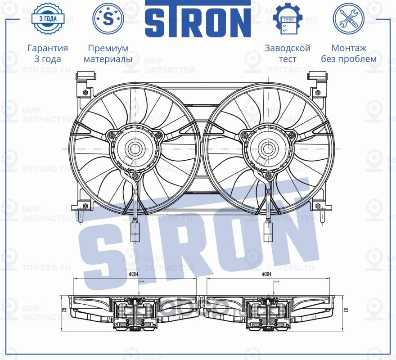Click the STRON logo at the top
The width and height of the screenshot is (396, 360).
tap(198, 19)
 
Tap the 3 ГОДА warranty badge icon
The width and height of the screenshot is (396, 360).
tap(48, 18)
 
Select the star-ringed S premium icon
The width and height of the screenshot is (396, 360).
tap(108, 18)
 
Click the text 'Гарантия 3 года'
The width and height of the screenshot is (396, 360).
tap(48, 53)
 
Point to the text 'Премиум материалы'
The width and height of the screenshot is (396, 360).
tap(108, 53)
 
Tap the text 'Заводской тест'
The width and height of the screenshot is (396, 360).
tap(288, 53)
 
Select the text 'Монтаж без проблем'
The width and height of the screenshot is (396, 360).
tap(348, 53)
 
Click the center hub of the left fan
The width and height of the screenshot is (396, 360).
tap(134, 148)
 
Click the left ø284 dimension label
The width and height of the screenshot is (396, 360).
tap(134, 274)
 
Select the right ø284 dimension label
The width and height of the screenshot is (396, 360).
tap(267, 274)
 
